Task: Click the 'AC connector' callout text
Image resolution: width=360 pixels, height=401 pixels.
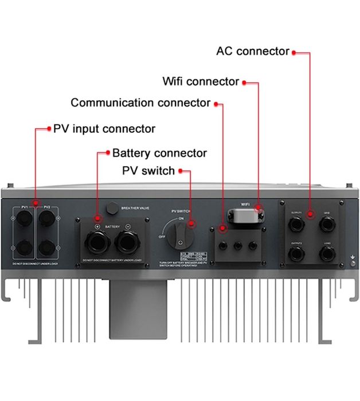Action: pos(253,51)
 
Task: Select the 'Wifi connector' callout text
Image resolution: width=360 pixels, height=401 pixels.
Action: pos(201,81)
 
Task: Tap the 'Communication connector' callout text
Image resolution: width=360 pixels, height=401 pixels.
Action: pos(140,103)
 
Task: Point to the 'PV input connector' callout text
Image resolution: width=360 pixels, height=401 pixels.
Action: pos(104,128)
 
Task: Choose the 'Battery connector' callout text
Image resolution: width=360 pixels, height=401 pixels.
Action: pos(159,153)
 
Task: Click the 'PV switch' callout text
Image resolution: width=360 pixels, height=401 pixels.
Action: pos(148,171)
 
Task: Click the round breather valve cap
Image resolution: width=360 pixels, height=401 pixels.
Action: pos(112,207)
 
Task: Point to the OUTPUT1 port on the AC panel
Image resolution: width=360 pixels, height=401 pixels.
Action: pos(296,225)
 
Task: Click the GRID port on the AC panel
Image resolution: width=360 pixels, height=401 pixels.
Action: pos(327,225)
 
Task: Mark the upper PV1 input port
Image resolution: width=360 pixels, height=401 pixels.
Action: pos(25,219)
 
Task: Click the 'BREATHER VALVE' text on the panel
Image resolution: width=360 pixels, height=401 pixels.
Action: pos(135,208)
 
